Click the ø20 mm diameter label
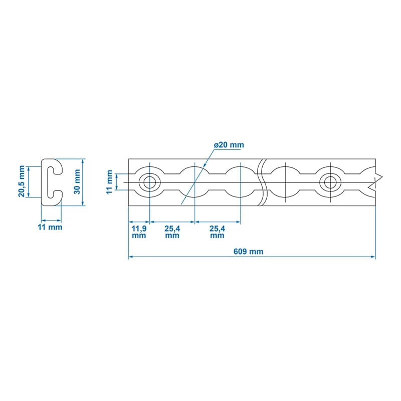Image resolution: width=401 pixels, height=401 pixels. (x=229, y=145)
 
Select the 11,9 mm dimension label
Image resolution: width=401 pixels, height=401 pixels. (x=139, y=232)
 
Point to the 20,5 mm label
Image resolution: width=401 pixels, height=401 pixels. (x=22, y=182)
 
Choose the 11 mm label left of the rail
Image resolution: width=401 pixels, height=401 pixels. (x=110, y=182)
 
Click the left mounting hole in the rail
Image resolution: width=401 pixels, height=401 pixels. (x=149, y=182)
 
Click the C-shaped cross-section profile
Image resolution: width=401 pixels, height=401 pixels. (x=50, y=182)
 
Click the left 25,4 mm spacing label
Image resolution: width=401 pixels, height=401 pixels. (x=172, y=232)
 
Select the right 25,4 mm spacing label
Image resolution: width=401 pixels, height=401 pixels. (x=217, y=232)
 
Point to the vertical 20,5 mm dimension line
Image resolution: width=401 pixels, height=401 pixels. (x=30, y=182)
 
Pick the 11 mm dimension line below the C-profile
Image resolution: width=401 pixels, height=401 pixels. (x=51, y=220)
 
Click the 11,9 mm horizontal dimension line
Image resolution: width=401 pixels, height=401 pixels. (x=139, y=222)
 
